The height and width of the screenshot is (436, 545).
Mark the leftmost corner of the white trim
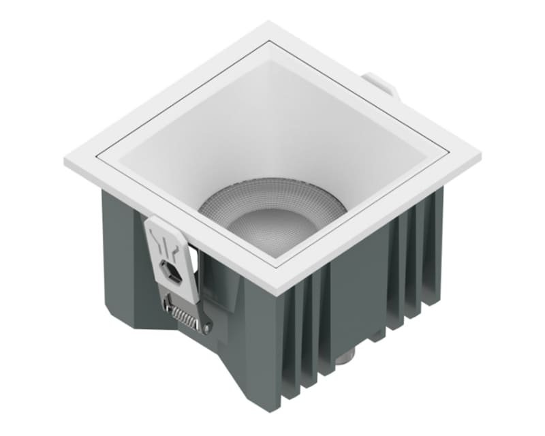coord(66,162)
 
